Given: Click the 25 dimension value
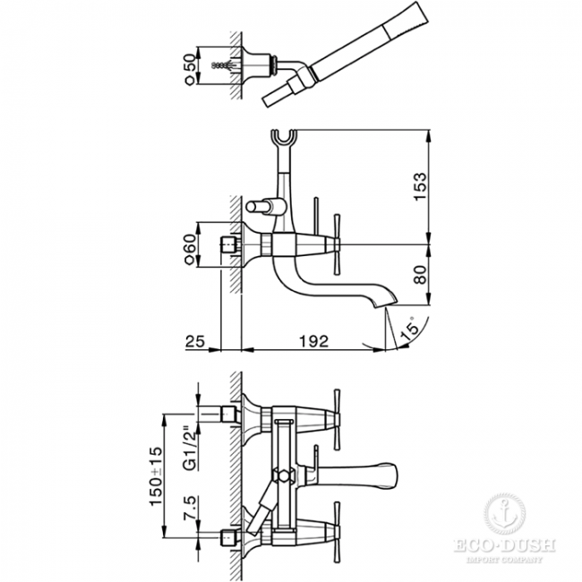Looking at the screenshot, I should (x=195, y=342).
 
